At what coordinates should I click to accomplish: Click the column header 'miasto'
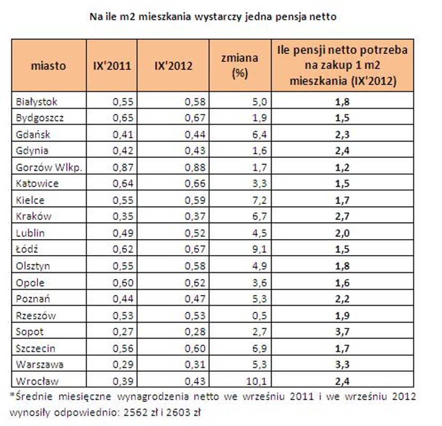49,67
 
